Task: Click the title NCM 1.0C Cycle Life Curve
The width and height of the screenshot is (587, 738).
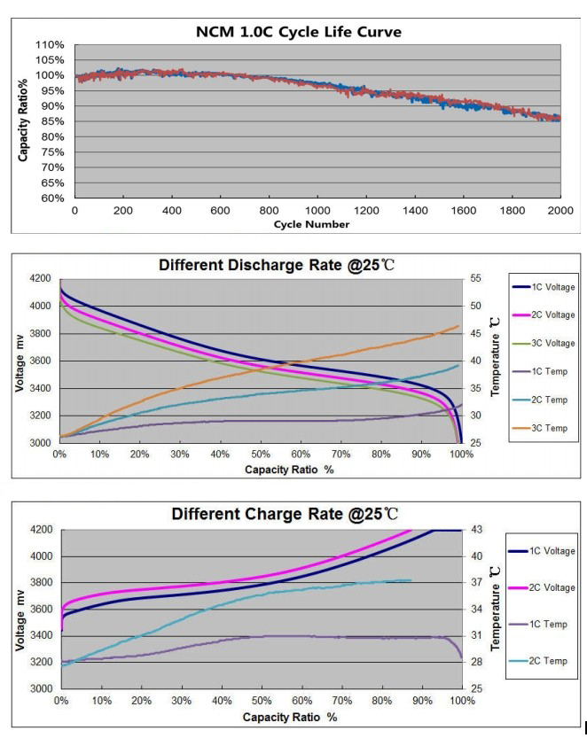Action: click(x=298, y=33)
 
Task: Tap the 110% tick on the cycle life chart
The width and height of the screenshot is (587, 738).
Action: click(x=51, y=44)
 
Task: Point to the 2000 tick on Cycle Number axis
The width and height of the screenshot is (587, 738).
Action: click(x=560, y=211)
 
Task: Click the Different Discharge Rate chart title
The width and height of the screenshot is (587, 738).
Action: click(x=278, y=264)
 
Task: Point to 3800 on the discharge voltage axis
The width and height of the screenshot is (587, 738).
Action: click(x=41, y=333)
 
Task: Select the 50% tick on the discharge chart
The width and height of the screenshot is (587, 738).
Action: click(x=260, y=454)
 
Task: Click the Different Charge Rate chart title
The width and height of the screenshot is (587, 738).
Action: click(x=284, y=514)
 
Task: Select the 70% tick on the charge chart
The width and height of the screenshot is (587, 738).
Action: click(x=340, y=701)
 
